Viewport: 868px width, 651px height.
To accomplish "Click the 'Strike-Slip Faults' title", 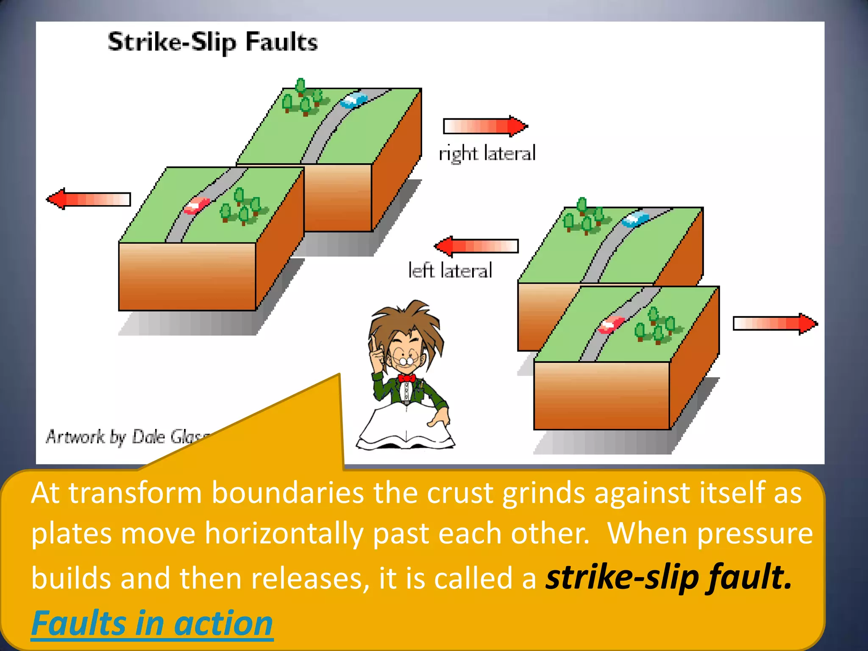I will coord(212,42).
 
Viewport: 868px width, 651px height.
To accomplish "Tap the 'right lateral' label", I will coord(487,153).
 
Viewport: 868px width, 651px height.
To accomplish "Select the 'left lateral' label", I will coord(450,270).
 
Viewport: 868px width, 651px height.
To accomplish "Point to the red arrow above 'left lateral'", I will coord(476,246).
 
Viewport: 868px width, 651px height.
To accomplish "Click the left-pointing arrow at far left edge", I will coord(89,199).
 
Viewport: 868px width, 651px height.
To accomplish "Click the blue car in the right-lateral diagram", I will coord(353,100).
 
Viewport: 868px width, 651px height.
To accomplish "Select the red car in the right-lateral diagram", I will coord(196,206).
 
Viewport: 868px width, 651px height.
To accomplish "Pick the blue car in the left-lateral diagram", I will coord(635,219).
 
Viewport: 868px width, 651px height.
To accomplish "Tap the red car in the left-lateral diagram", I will coord(611,324).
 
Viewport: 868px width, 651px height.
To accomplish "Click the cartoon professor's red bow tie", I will coord(406,378).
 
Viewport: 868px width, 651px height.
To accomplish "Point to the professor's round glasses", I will coord(406,361).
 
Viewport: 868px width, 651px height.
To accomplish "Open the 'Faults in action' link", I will coord(152,623).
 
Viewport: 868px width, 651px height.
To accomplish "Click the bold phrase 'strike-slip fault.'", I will coord(668,577).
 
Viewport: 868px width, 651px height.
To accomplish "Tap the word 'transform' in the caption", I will coord(135,492).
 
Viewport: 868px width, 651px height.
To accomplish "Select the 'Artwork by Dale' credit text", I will coord(106,437).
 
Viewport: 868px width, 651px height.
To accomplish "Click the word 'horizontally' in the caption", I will coord(284,533).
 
